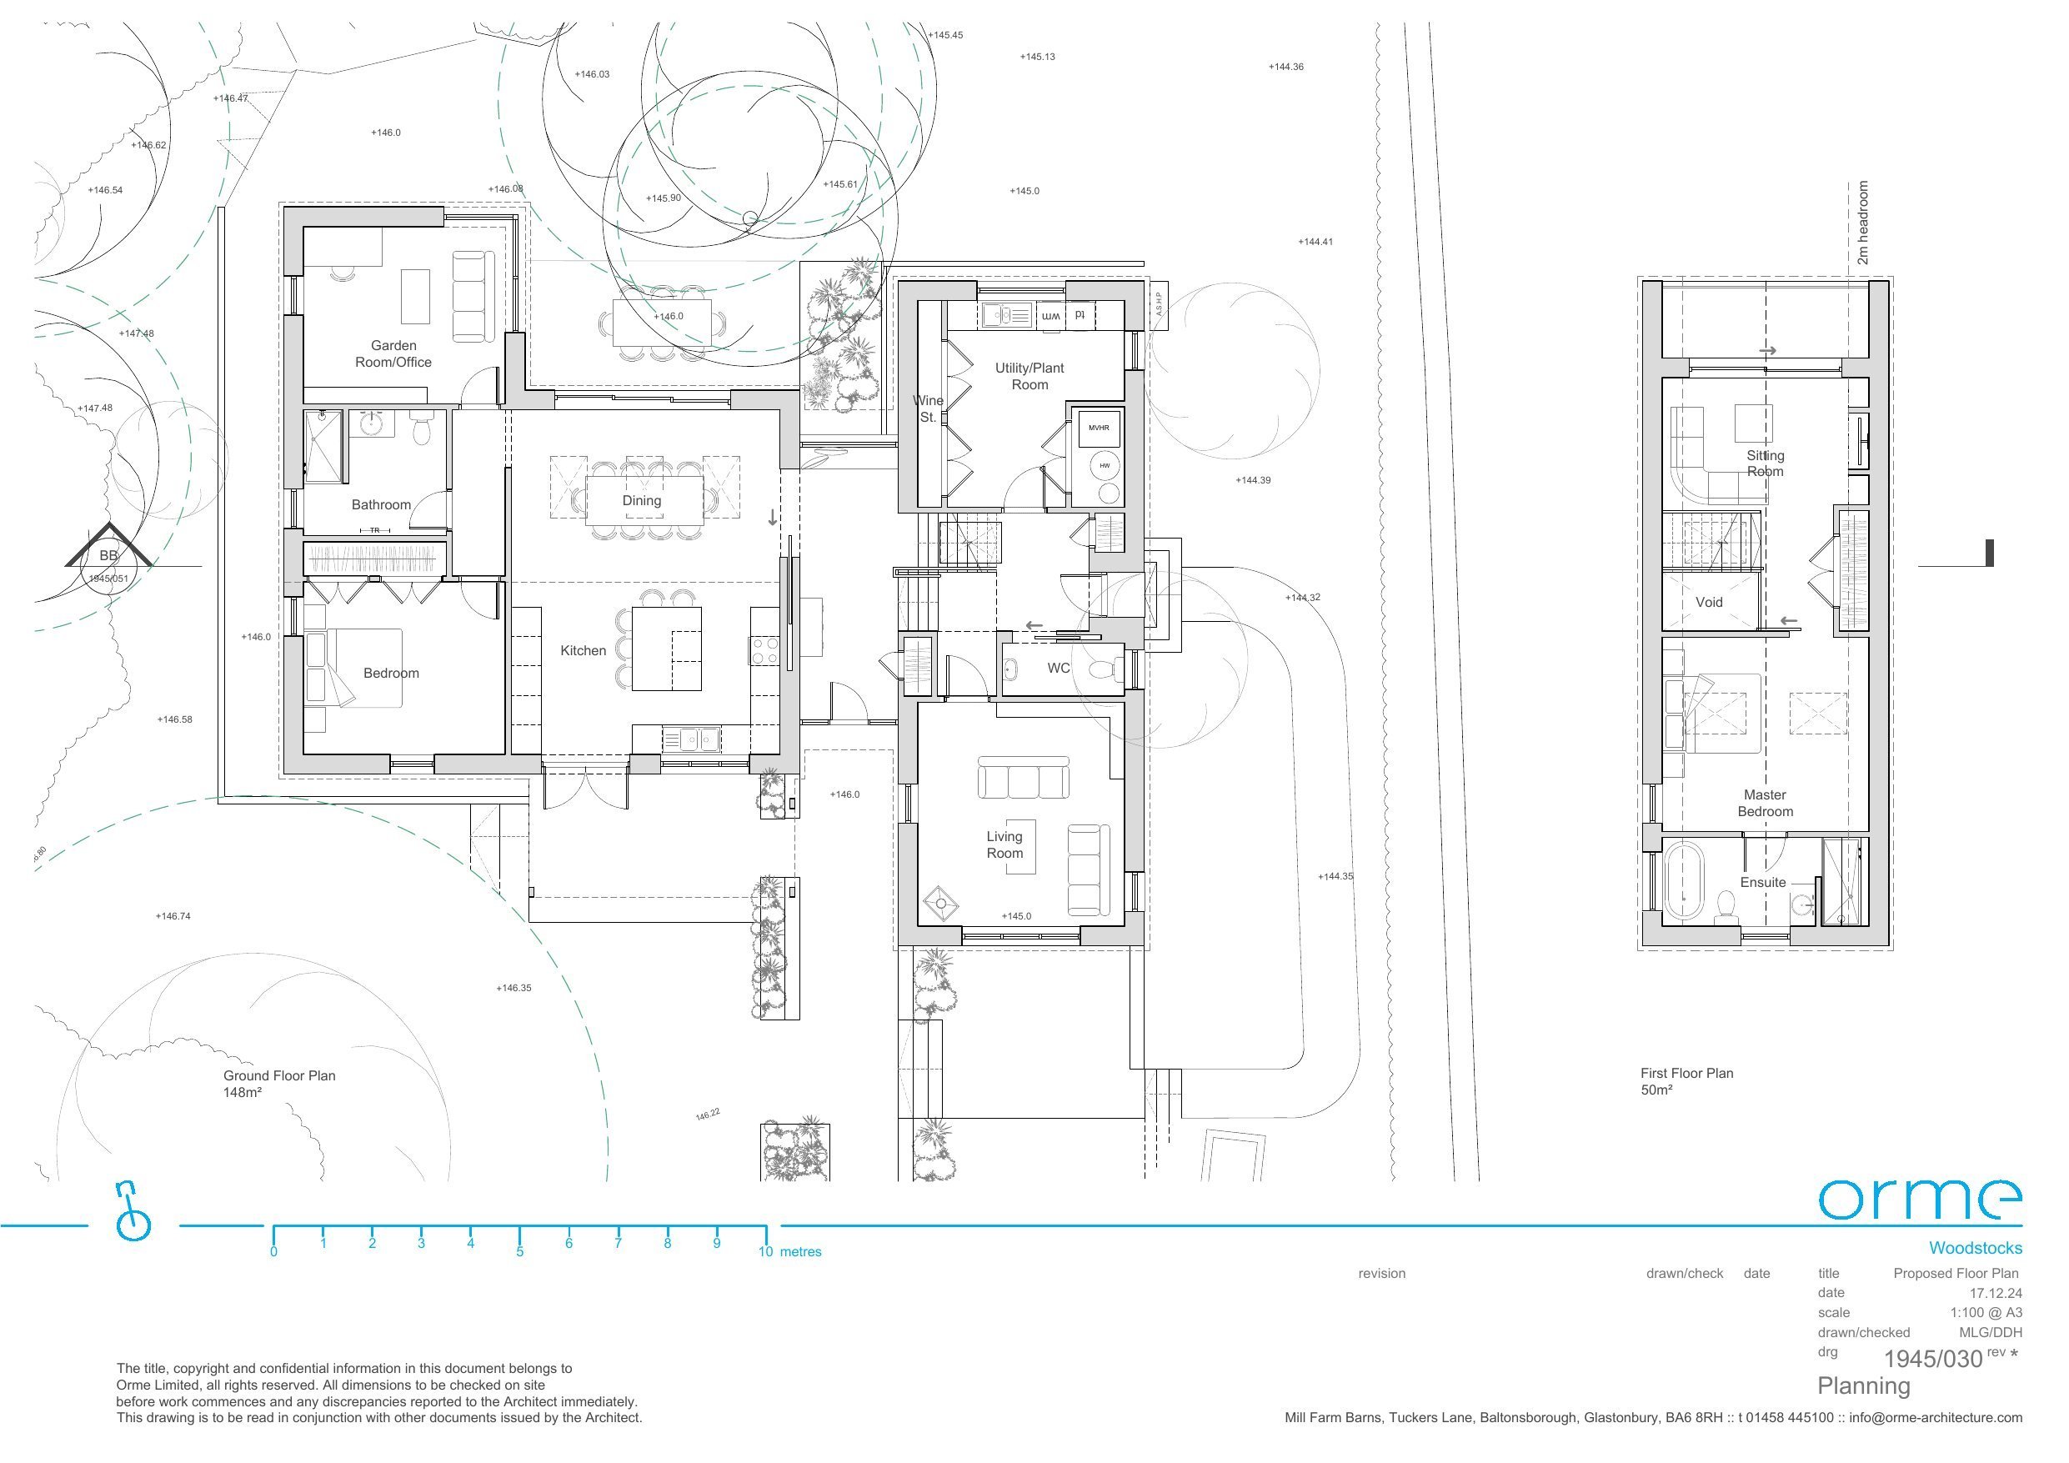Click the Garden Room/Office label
(x=393, y=353)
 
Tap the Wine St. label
(x=928, y=408)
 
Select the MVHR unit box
(x=1099, y=428)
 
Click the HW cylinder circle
(x=1104, y=465)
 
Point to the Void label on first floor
(x=1709, y=602)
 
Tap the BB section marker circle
(x=108, y=566)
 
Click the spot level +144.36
(x=1286, y=67)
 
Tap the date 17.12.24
(x=1995, y=1293)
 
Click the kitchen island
(x=666, y=648)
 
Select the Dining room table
(x=644, y=499)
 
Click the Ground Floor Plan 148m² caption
(x=278, y=1084)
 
